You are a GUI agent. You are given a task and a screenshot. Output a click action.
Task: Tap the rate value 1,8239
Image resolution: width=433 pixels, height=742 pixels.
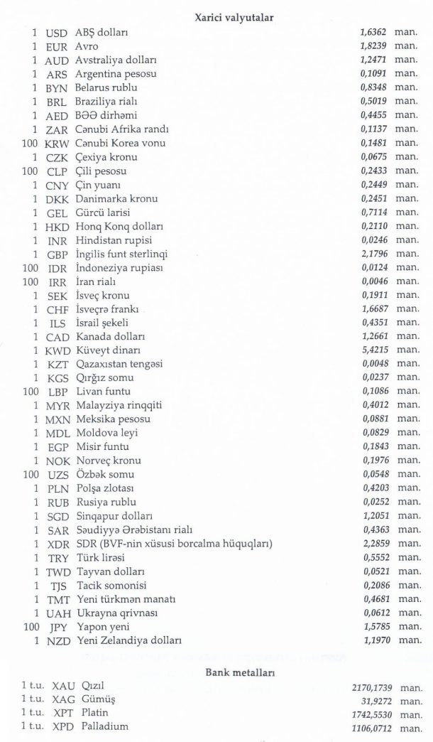(x=374, y=46)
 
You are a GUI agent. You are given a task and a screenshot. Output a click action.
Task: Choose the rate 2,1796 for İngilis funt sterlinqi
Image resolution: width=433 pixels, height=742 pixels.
(x=374, y=254)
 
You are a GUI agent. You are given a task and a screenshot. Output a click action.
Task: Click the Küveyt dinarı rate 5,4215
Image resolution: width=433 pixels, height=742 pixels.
(x=374, y=350)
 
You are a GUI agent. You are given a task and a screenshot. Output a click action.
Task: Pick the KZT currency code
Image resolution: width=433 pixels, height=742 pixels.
(x=56, y=364)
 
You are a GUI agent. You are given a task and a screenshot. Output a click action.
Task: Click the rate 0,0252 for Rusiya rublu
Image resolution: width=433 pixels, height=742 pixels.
(x=374, y=502)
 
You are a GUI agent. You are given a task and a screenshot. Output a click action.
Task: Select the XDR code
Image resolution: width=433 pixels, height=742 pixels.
(x=56, y=544)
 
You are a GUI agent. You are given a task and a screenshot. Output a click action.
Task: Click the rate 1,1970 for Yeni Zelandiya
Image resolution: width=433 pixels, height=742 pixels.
(x=374, y=640)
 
